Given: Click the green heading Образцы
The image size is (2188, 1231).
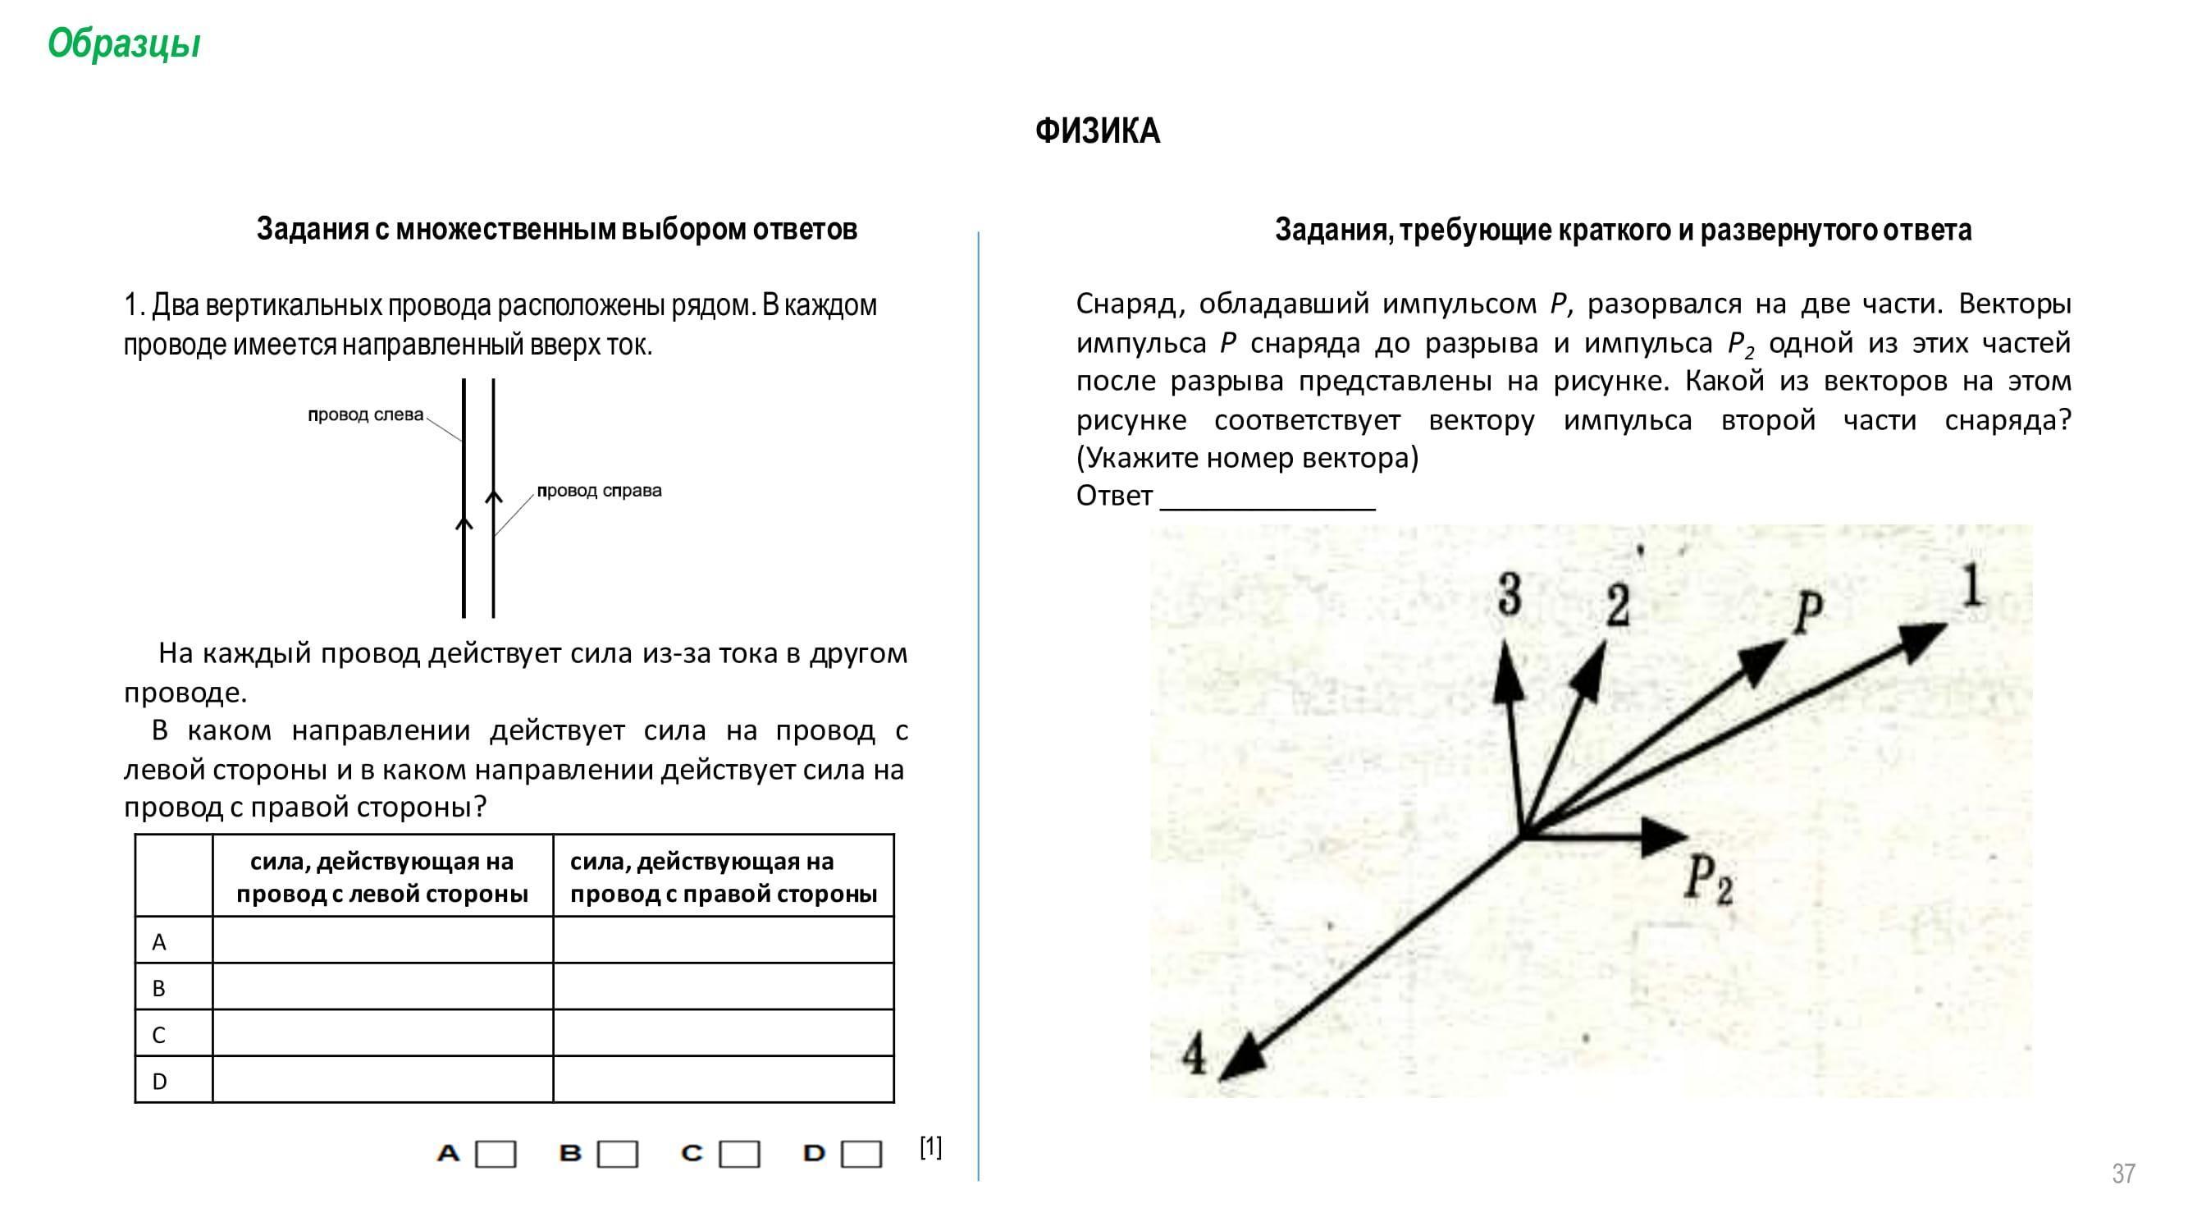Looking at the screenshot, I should click(x=124, y=43).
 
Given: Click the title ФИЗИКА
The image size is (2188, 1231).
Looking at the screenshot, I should click(x=1097, y=131).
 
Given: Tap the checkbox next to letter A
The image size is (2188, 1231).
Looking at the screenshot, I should click(x=496, y=1154).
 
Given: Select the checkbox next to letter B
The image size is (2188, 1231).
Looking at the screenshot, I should click(x=618, y=1154).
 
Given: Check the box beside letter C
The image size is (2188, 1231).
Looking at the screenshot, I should click(x=739, y=1154).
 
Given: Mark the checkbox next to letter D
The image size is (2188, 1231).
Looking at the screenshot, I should click(x=861, y=1154).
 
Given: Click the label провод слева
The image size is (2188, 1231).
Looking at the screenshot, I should click(x=365, y=414).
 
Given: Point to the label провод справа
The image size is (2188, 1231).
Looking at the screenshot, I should click(x=599, y=490).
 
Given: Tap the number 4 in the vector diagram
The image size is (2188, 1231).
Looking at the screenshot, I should click(x=1194, y=1056).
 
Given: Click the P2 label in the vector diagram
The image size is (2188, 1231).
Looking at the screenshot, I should click(x=1709, y=879).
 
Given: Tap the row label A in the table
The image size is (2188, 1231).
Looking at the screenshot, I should click(x=159, y=941).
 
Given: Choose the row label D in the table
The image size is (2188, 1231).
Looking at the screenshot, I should click(x=159, y=1081).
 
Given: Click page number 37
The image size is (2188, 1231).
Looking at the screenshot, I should click(x=2122, y=1174).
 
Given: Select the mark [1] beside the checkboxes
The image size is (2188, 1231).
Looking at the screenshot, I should click(x=930, y=1147).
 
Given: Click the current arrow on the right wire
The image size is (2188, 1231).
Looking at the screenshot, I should click(x=494, y=496).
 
